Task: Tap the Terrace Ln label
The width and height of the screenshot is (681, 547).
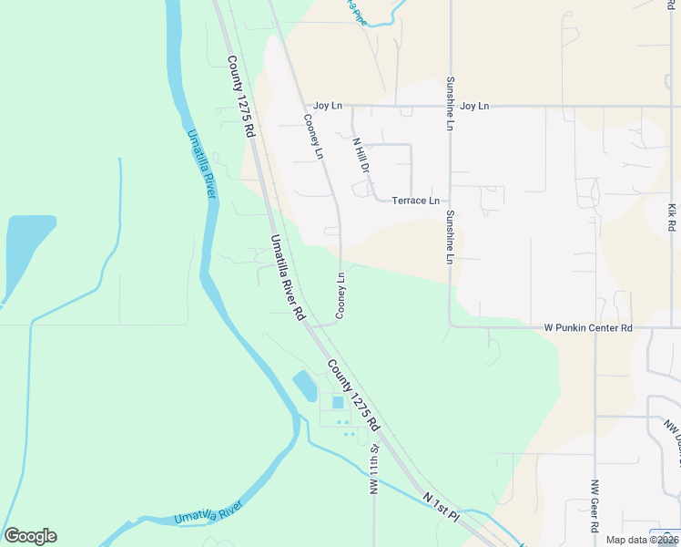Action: coord(415,201)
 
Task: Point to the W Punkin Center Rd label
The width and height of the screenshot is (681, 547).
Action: coord(588,327)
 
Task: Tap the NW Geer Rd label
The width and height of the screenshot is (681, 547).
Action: coord(595,507)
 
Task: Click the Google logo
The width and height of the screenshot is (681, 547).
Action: coord(30,536)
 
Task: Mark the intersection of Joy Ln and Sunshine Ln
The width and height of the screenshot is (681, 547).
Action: coord(450,107)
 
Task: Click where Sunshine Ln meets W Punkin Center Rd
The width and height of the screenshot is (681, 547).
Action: coord(450,326)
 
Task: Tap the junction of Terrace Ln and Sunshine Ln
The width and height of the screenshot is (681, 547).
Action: coord(450,201)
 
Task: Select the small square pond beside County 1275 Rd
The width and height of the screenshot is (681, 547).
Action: coord(338,402)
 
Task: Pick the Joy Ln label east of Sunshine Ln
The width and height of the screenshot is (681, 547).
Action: coord(474,107)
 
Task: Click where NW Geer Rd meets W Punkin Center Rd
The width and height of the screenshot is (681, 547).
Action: coord(595,327)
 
